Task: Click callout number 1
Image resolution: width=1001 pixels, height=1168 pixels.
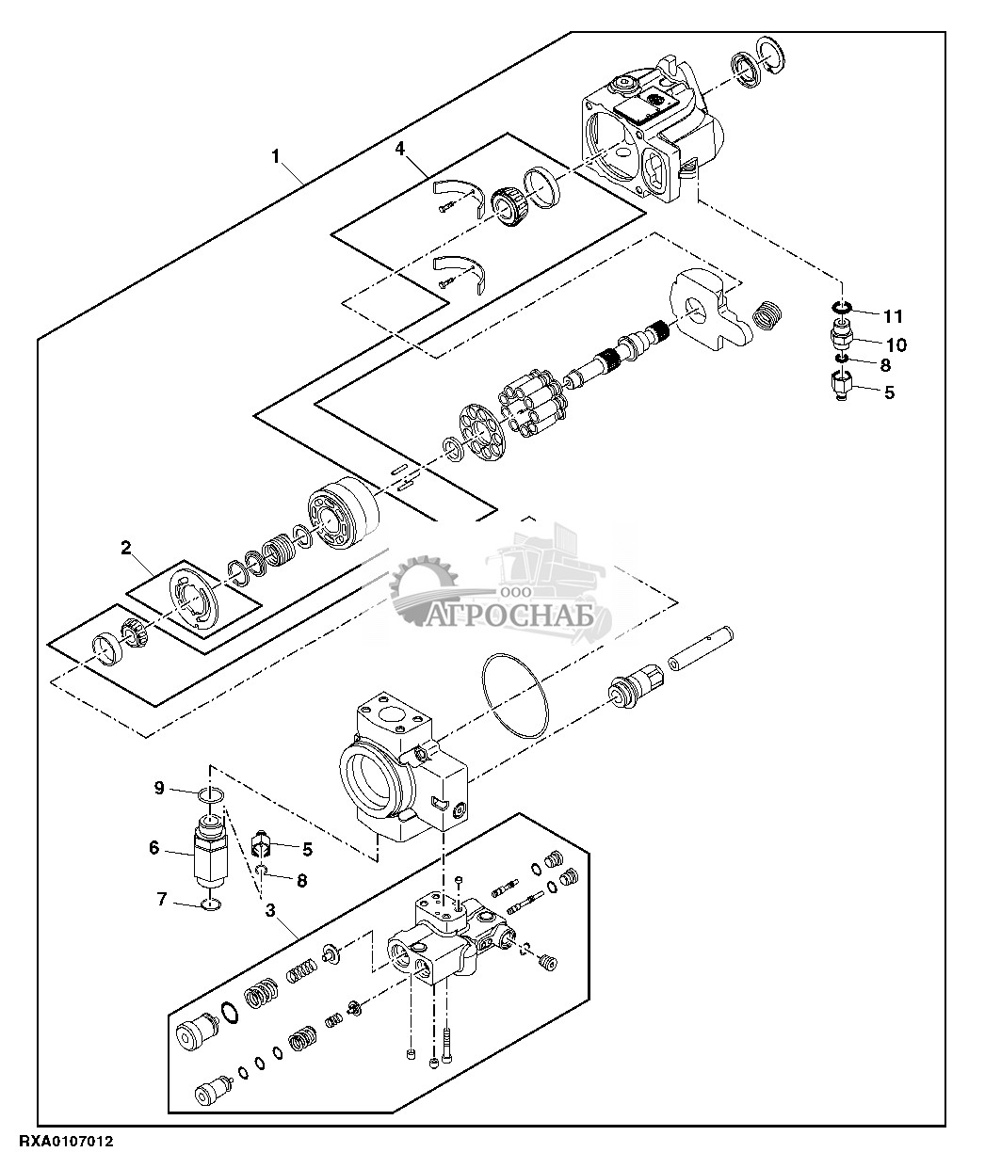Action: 276,156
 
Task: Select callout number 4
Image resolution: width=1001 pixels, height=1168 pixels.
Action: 399,149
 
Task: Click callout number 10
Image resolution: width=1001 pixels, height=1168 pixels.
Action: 896,345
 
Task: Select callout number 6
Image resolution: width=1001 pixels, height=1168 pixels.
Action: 153,847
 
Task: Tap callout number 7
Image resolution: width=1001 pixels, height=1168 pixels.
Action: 162,900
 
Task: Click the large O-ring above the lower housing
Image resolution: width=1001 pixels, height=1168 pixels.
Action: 515,696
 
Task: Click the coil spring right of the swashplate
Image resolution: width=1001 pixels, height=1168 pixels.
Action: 770,315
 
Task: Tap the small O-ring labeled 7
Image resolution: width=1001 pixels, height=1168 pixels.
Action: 213,905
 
